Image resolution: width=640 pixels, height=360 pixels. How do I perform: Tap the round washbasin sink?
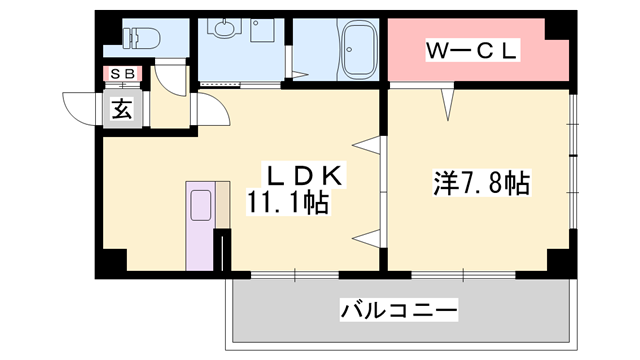pyautogui.click(x=222, y=31)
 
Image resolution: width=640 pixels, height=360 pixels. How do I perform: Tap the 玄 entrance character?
pyautogui.click(x=121, y=109)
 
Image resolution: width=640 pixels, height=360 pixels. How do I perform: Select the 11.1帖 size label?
pyautogui.click(x=290, y=203)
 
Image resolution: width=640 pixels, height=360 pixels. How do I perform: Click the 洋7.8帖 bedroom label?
pyautogui.click(x=481, y=183)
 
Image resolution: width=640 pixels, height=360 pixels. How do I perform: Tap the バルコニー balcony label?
pyautogui.click(x=397, y=308)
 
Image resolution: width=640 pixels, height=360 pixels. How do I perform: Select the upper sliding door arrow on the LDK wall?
pyautogui.click(x=369, y=146)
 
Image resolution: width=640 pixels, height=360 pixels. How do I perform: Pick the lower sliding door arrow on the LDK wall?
pyautogui.click(x=369, y=236)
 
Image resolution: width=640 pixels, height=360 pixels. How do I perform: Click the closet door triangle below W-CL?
pyautogui.click(x=449, y=100)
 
